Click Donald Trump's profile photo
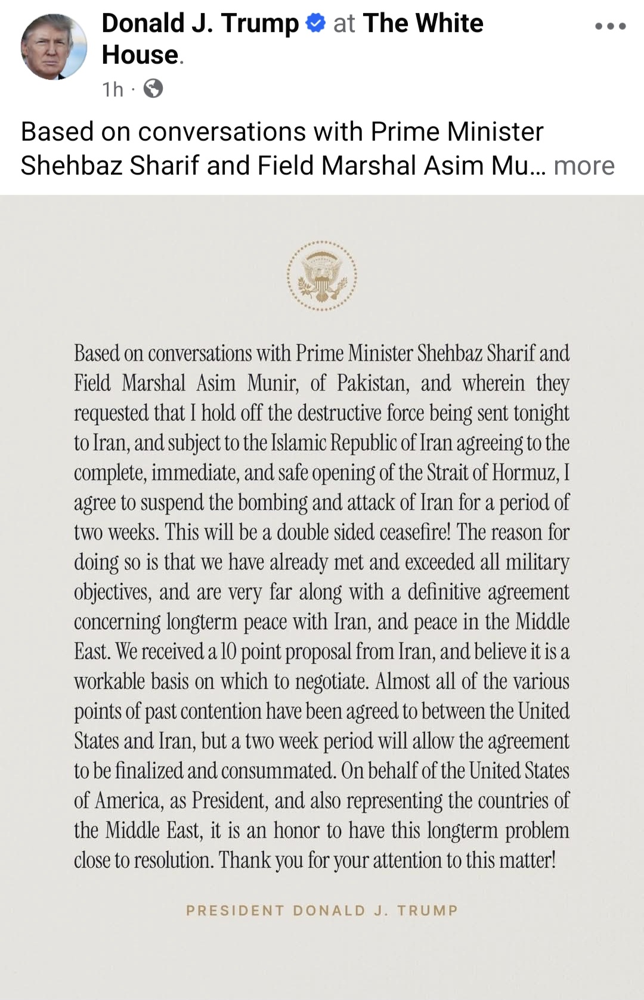(x=54, y=47)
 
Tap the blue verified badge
(x=315, y=23)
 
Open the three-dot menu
(x=611, y=26)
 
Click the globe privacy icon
(x=153, y=89)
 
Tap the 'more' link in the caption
(x=584, y=166)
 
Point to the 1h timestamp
(x=113, y=89)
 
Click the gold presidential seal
(x=322, y=276)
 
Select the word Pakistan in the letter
(x=373, y=383)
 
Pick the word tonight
(x=541, y=413)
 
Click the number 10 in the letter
(x=228, y=651)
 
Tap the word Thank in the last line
(x=244, y=860)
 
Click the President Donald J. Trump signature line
(x=322, y=911)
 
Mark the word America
(x=129, y=800)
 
